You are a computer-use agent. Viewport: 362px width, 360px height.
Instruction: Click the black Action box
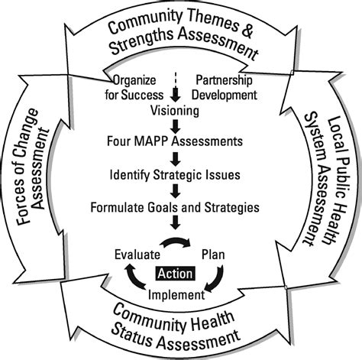tap(175, 272)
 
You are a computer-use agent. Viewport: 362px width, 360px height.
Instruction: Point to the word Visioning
tap(175, 112)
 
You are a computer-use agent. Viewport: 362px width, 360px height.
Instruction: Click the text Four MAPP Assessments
tap(175, 141)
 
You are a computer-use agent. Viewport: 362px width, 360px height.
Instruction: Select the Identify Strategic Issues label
tap(175, 174)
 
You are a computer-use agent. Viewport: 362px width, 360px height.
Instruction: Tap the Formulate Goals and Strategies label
tap(175, 206)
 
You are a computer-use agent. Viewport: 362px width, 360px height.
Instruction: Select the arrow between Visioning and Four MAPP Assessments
tap(175, 126)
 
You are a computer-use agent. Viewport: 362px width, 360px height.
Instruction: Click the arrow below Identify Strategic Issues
tap(175, 190)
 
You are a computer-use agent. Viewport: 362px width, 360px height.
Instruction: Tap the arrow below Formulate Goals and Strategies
tap(175, 223)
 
